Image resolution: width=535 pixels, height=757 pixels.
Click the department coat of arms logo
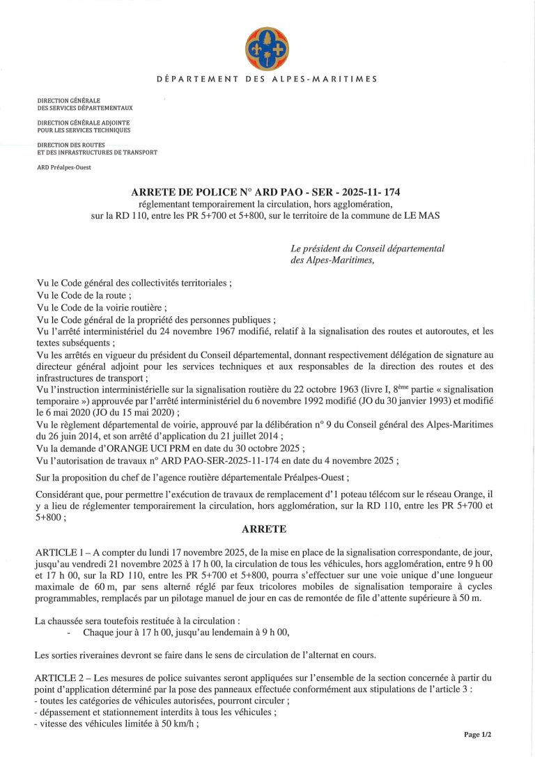(x=267, y=48)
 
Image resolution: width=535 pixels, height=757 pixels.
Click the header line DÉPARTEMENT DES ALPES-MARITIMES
(x=267, y=79)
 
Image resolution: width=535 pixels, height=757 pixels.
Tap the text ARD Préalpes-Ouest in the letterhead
(x=64, y=167)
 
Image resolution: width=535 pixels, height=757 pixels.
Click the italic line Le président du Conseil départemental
(x=367, y=249)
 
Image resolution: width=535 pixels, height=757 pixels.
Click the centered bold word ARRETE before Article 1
(x=267, y=529)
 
